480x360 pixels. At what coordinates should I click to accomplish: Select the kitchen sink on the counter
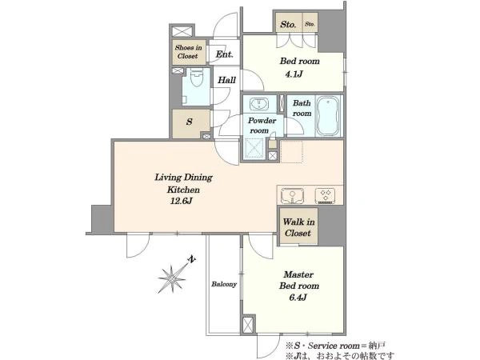pos(292,195)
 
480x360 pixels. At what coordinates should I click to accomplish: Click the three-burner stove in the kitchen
pos(326,195)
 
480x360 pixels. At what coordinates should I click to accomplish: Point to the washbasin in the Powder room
pos(259,104)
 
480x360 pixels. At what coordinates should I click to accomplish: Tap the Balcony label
pos(224,284)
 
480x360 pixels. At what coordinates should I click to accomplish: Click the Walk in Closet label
pos(298,227)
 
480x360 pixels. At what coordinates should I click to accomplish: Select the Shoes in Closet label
pos(188,52)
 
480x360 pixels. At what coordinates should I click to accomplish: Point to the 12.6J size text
pos(181,201)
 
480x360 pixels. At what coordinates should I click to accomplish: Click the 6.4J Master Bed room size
pos(298,298)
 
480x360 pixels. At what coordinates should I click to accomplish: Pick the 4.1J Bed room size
pos(294,74)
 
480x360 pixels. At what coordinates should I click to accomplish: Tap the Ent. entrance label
pos(224,54)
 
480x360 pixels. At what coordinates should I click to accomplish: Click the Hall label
pos(227,80)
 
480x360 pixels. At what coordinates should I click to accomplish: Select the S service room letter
pos(190,122)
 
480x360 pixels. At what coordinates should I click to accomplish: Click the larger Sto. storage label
pos(288,24)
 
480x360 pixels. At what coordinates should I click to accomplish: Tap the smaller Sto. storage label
pos(310,24)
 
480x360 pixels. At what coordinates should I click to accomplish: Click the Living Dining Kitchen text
pos(184,183)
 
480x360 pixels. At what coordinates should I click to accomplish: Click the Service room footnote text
pos(335,346)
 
